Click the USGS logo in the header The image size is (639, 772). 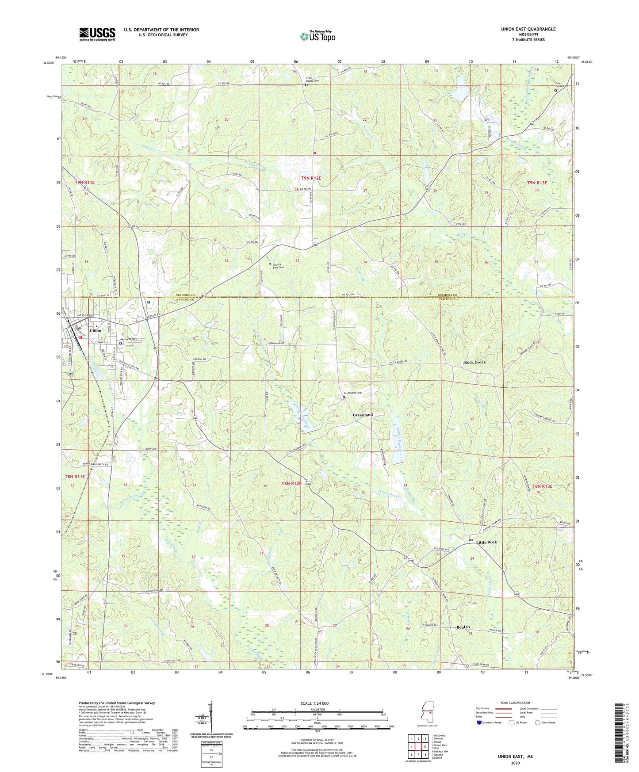coord(97,34)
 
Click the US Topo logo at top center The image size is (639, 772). coord(318,36)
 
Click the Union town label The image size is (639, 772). coord(95,330)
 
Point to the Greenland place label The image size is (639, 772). coord(363,415)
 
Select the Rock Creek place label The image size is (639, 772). coord(474,362)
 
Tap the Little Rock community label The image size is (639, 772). coord(486,542)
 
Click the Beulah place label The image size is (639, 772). coord(463,627)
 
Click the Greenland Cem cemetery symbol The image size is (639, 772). coord(344,397)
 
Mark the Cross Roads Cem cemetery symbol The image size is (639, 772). coord(306,85)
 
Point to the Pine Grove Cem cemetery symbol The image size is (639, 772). coord(556,90)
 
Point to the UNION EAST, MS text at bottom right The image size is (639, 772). coord(515,757)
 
